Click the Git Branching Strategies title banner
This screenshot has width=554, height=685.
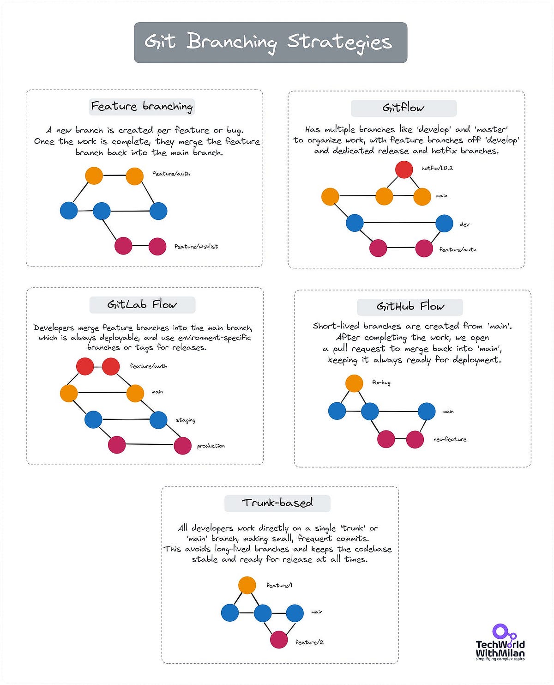pyautogui.click(x=271, y=42)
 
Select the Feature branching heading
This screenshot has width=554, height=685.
pyautogui.click(x=142, y=107)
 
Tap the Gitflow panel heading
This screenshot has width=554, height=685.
pyautogui.click(x=403, y=108)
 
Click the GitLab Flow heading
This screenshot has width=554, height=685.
pyautogui.click(x=142, y=305)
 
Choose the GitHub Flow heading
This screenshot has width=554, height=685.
pyautogui.click(x=410, y=307)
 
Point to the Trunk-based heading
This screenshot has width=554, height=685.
pyautogui.click(x=277, y=503)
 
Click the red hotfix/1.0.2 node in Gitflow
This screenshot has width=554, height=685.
pyautogui.click(x=404, y=170)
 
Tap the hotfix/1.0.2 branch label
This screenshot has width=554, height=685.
pyautogui.click(x=437, y=168)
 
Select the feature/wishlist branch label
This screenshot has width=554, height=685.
pyautogui.click(x=196, y=247)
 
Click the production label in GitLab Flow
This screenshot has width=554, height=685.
pyautogui.click(x=211, y=446)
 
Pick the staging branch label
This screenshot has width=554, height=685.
pyautogui.click(x=186, y=420)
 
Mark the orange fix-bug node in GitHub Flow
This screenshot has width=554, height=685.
pyautogui.click(x=354, y=383)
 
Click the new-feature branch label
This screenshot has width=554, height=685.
pyautogui.click(x=450, y=439)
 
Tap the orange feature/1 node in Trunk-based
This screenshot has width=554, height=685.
pyautogui.click(x=247, y=585)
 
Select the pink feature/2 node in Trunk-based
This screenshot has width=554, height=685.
pyautogui.click(x=279, y=640)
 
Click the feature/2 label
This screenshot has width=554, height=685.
pyautogui.click(x=309, y=642)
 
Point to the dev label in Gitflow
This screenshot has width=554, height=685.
pyautogui.click(x=464, y=224)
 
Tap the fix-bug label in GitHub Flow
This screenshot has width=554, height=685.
pyautogui.click(x=381, y=382)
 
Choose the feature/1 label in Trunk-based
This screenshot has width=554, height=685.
pyautogui.click(x=279, y=585)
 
